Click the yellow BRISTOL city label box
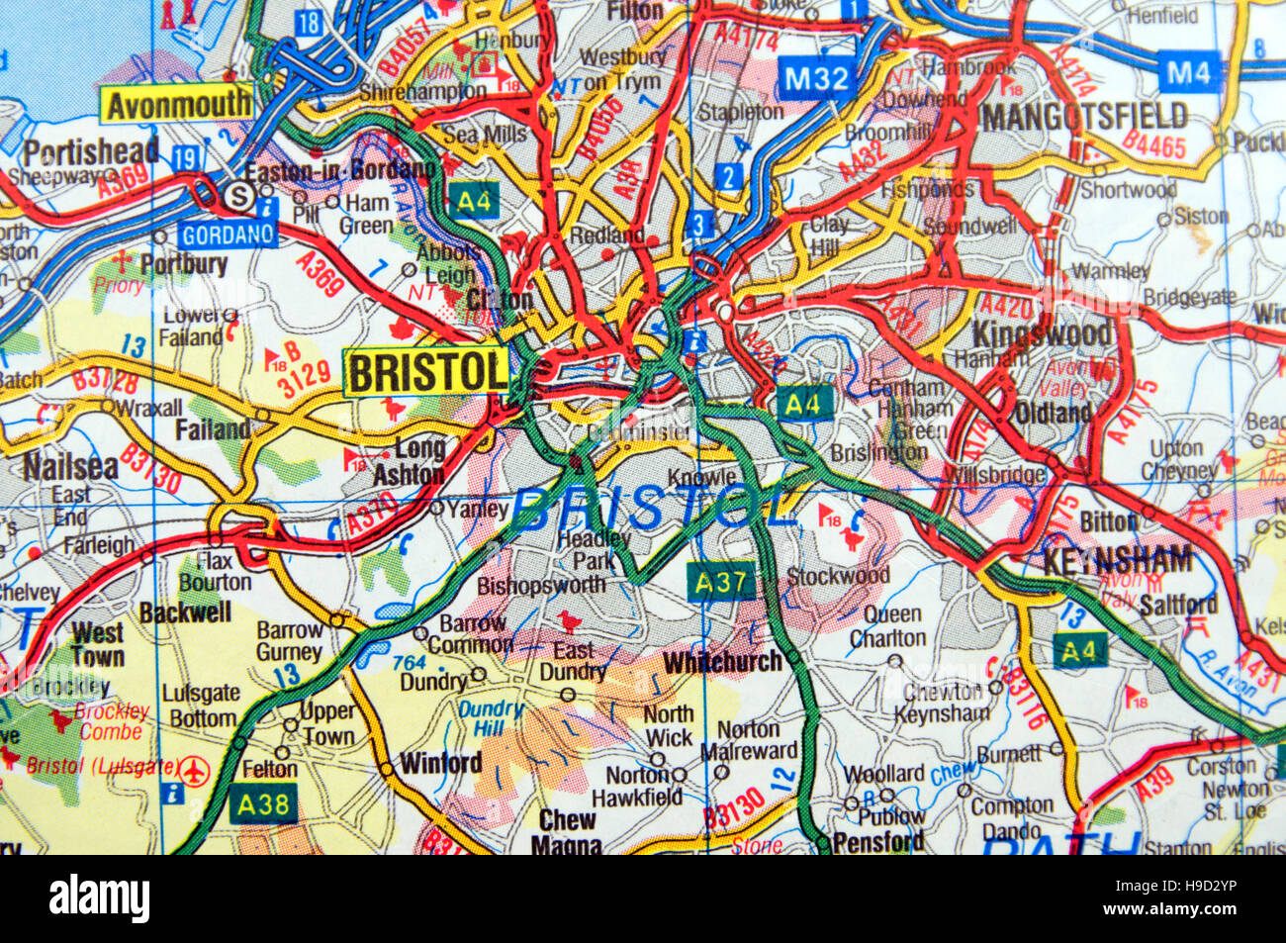(426, 373)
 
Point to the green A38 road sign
(263, 803)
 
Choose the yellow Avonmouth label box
(177, 104)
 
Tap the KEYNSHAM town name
(1117, 560)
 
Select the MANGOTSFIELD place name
(1083, 117)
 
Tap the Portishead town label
(91, 151)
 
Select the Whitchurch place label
(723, 662)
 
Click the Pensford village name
(878, 842)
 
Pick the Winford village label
(440, 763)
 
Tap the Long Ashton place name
(409, 462)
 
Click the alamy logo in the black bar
(99, 899)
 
